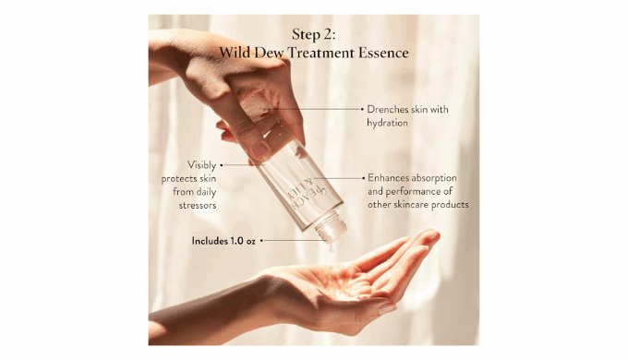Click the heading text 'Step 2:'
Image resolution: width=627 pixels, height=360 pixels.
pyautogui.click(x=314, y=34)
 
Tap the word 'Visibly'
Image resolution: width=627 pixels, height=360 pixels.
pyautogui.click(x=202, y=165)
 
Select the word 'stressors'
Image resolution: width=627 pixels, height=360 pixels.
pyautogui.click(x=198, y=205)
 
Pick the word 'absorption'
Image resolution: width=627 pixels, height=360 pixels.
pyautogui.click(x=434, y=178)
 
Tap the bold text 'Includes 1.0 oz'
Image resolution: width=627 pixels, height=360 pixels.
pyautogui.click(x=223, y=241)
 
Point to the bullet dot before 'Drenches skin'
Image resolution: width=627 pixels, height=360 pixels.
pyautogui.click(x=363, y=109)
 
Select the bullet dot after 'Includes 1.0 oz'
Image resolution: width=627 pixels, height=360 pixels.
pyautogui.click(x=261, y=241)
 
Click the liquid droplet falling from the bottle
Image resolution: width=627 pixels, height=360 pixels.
pyautogui.click(x=332, y=247)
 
